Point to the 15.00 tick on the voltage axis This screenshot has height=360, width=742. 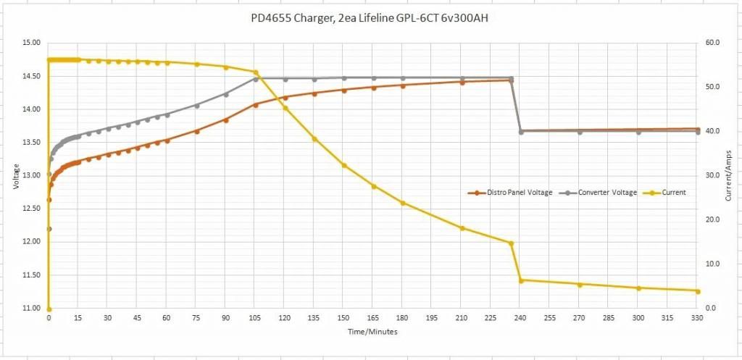pos(30,43)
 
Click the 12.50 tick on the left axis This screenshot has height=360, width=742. pos(30,209)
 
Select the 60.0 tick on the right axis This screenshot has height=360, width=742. pos(712,43)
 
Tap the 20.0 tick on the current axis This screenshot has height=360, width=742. pos(712,220)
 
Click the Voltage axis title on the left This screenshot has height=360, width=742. pos(16,176)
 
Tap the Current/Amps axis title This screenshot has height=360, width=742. pos(728,176)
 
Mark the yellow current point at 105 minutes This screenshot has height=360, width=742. pos(255,72)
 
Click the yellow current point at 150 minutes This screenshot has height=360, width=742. pos(344,165)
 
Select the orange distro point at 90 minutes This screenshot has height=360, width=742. pos(226,120)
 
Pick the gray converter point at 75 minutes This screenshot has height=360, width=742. pos(196,105)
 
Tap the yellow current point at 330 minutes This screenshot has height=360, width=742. pos(698,291)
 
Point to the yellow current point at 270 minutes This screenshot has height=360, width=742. pos(580,285)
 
